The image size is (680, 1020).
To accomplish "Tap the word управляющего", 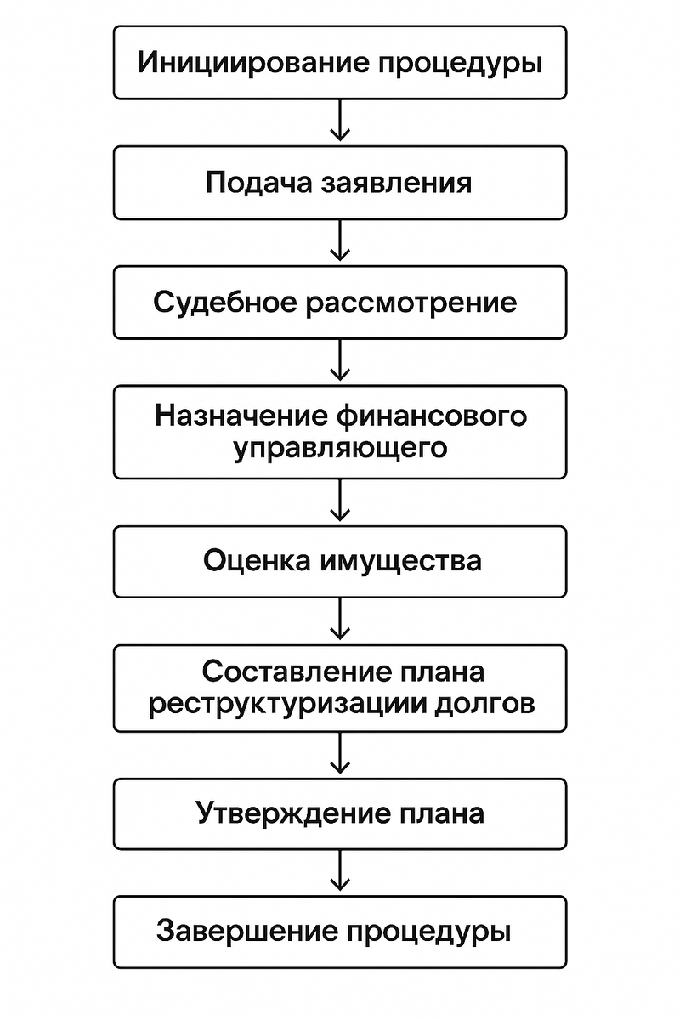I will [x=340, y=448].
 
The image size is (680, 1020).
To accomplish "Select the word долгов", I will [x=489, y=704].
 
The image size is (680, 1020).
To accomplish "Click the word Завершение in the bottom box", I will [x=250, y=932].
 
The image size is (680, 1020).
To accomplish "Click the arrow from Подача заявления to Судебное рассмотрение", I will [x=340, y=241].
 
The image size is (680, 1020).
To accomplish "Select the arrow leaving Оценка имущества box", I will [x=340, y=620].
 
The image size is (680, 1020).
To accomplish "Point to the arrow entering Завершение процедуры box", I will [x=340, y=870].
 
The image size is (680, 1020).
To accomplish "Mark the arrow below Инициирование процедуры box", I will [x=340, y=121].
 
